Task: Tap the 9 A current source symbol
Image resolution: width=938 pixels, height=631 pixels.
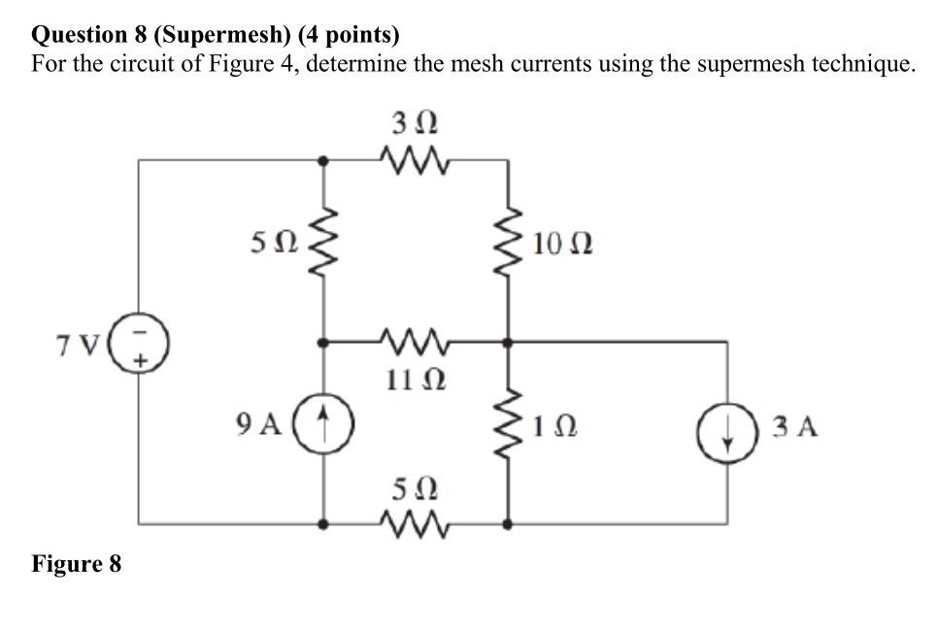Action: (x=323, y=423)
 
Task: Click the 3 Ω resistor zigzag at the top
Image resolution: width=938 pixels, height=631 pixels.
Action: (x=415, y=158)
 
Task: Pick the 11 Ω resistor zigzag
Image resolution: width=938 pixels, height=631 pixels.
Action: (x=415, y=342)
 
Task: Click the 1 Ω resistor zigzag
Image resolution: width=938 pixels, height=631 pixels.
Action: (x=507, y=425)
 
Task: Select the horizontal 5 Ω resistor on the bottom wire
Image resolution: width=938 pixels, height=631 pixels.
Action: (x=415, y=525)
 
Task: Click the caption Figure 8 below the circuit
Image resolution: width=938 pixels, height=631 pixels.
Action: (x=77, y=564)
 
